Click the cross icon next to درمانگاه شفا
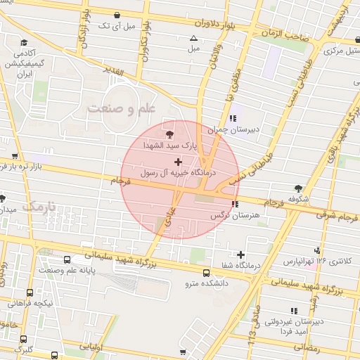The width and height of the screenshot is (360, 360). [x=241, y=255]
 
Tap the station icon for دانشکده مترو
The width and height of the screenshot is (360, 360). [x=206, y=273]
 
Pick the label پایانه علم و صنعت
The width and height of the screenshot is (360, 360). [x=73, y=270]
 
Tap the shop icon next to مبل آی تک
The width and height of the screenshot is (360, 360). [x=116, y=15]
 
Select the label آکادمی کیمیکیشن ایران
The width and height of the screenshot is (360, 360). [x=34, y=63]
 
